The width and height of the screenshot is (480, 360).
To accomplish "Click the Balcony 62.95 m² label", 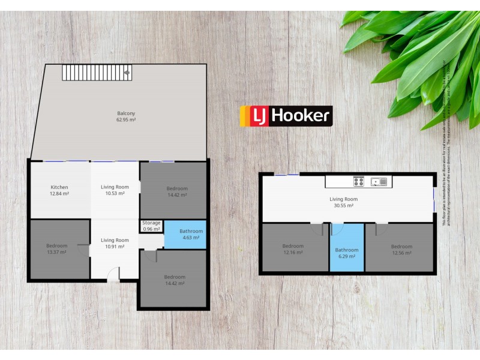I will pos(126,116).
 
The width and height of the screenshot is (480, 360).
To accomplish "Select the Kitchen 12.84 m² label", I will pos(59,190).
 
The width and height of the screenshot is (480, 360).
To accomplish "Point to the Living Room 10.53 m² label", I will pos(114,190).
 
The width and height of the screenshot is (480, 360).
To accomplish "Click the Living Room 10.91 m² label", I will pos(114,243).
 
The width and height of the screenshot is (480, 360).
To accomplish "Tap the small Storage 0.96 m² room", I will pos(151,226).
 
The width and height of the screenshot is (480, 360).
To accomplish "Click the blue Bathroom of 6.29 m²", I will pos(347,253).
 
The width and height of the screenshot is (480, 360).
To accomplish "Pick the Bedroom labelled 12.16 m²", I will pos(293,249).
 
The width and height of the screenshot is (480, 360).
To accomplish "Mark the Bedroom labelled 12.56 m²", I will pos(401,249).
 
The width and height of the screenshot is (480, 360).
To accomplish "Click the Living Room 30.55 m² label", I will pos(344,202).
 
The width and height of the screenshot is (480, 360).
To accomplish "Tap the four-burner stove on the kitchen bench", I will pos(359,181).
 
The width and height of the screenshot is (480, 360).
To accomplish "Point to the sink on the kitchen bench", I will pos(379,181).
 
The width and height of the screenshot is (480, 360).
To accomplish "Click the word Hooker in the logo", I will pos(299,116).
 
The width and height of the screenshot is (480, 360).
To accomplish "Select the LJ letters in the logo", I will pos(259,116).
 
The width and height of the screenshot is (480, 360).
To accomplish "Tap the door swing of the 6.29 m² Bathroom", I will pos(338,228).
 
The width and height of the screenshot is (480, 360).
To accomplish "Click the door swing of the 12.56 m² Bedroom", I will pos(381,228).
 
